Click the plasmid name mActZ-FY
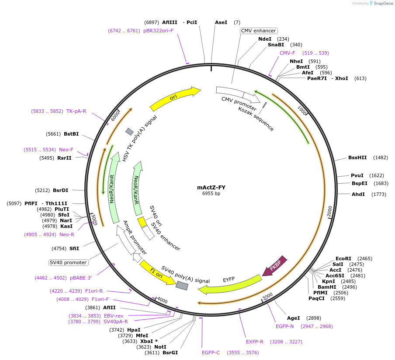pyautogui.click(x=211, y=188)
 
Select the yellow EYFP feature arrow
pyautogui.click(x=229, y=283)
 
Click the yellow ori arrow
pyautogui.click(x=174, y=99)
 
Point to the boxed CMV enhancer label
pyautogui.click(x=259, y=31)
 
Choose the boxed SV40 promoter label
pyautogui.click(x=68, y=262)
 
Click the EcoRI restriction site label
pyautogui.click(x=343, y=259)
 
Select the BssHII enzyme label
pyautogui.click(x=357, y=157)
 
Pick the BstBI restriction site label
pyautogui.click(x=71, y=134)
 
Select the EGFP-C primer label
pyautogui.click(x=211, y=352)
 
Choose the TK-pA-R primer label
pyautogui.click(x=76, y=111)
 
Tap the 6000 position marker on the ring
pyautogui.click(x=115, y=116)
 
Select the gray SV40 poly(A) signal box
pyautogui.click(x=182, y=285)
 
